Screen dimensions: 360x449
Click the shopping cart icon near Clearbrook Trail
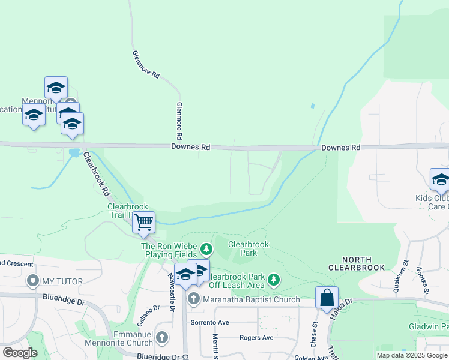[x=143, y=223]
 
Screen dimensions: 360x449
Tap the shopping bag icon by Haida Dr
[x=327, y=298]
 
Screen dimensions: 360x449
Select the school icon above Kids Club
[x=441, y=179]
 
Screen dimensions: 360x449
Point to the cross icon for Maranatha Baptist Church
[x=193, y=299]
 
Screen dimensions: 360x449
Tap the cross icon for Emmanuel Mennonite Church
[x=161, y=337]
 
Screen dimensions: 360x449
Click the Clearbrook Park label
[x=248, y=248]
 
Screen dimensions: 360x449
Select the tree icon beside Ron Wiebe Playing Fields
[x=206, y=248]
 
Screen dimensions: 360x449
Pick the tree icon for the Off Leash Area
[x=274, y=280]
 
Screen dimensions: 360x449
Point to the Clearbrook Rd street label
[x=97, y=174]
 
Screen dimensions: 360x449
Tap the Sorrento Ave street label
[x=210, y=322]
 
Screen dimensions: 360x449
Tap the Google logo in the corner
[x=20, y=353]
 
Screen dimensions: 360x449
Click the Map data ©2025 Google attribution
[x=411, y=355]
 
